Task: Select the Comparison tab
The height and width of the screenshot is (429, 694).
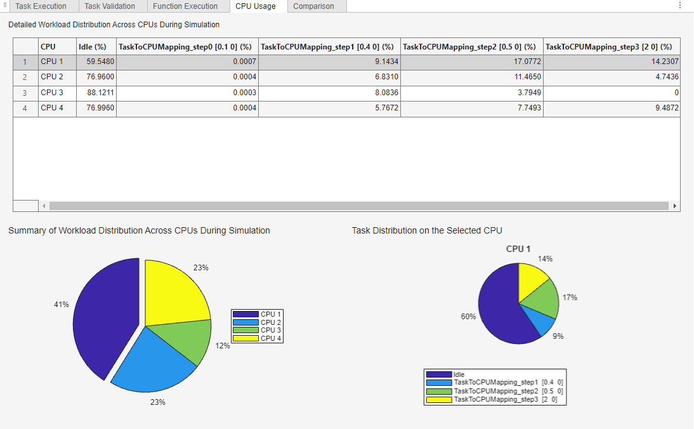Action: coord(313,6)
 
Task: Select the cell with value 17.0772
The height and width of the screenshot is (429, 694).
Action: coord(472,62)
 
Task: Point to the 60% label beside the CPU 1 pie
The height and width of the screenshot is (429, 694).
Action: coord(468,316)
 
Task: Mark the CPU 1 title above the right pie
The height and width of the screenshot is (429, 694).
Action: coord(518,249)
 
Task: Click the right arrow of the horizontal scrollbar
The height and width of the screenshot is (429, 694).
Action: coord(674,206)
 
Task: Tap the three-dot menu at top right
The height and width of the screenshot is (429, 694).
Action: coord(680,5)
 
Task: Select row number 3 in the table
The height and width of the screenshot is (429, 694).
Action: coord(25,93)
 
